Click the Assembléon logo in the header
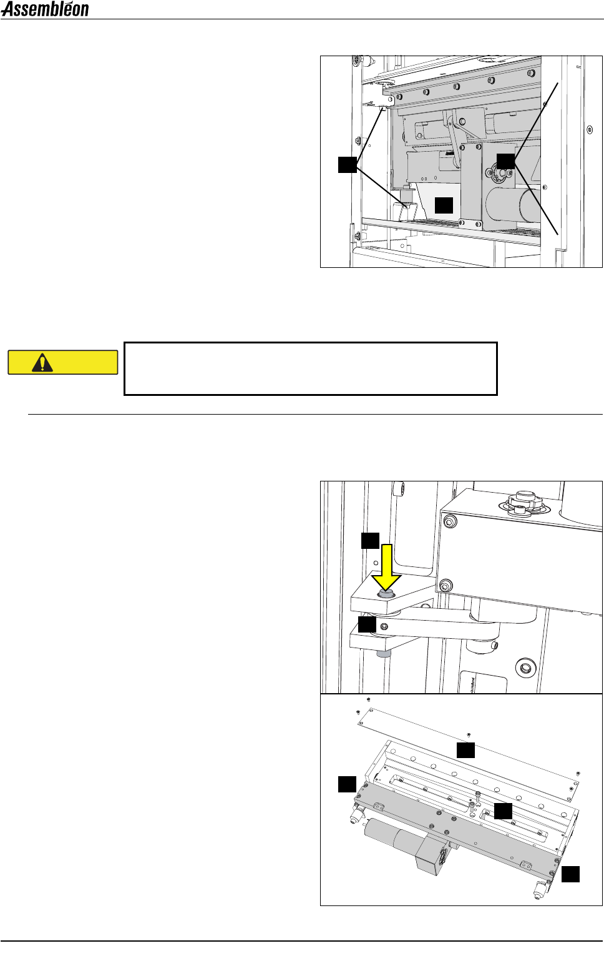point(46,9)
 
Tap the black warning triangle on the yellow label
point(42,362)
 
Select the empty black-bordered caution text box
point(310,368)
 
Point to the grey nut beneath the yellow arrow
point(386,594)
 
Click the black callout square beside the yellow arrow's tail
point(370,540)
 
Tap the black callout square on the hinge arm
point(367,624)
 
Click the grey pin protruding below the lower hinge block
point(382,654)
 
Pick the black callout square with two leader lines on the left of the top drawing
point(347,164)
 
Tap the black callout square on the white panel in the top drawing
point(444,205)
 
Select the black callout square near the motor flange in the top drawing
point(505,160)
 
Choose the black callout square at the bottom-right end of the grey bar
point(570,874)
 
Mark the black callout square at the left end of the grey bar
point(347,784)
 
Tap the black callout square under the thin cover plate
point(465,750)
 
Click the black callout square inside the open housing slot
point(503,811)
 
